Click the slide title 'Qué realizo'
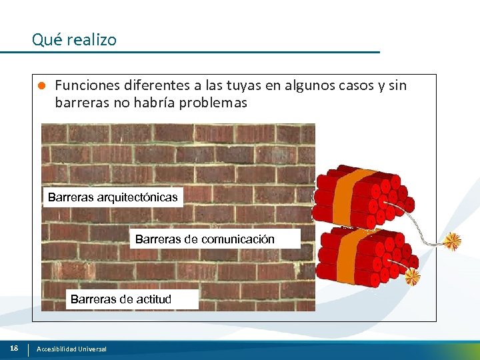(x=74, y=40)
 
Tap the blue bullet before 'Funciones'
(x=41, y=86)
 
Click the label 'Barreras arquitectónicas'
(x=113, y=197)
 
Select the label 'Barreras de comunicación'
(x=205, y=239)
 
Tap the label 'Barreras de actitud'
(x=121, y=299)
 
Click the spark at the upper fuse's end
(x=453, y=241)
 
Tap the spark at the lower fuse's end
(x=413, y=276)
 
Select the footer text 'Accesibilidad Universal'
(x=71, y=349)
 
